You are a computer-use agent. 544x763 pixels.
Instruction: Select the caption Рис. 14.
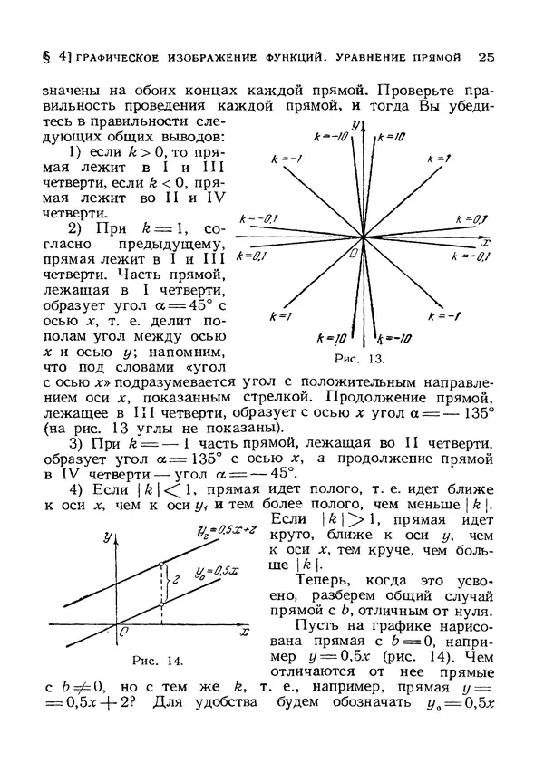[x=151, y=656]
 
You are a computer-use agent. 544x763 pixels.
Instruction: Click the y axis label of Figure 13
[x=358, y=124]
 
